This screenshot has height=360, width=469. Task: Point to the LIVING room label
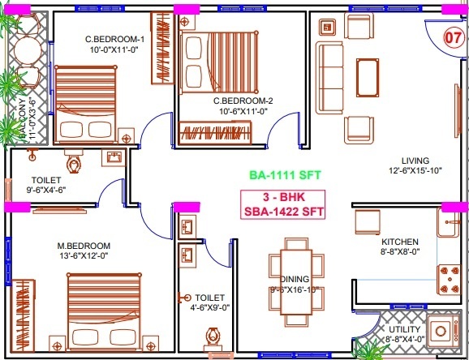pos(414,160)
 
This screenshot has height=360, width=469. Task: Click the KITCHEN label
pos(400,242)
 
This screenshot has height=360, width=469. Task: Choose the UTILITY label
pos(405,329)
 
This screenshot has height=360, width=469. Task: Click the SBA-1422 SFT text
pos(283,212)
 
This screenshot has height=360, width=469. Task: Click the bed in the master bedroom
pos(101,311)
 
